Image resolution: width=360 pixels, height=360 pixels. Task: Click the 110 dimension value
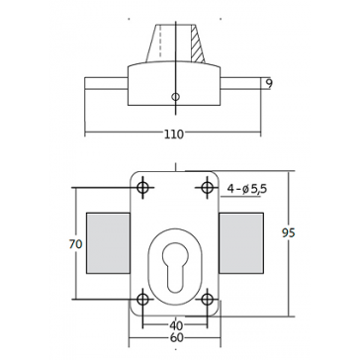click(174, 135)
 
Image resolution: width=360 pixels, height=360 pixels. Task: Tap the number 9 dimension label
click(269, 84)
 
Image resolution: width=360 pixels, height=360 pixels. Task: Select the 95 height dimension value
click(289, 233)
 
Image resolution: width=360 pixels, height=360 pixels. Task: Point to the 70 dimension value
click(76, 244)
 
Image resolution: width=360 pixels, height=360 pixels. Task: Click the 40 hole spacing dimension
click(176, 325)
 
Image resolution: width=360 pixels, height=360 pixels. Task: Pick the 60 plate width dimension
click(176, 338)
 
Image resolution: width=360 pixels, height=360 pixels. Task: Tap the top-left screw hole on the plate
click(142, 188)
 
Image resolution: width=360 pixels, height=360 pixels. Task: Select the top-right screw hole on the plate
click(207, 188)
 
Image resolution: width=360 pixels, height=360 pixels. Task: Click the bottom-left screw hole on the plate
click(142, 300)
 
